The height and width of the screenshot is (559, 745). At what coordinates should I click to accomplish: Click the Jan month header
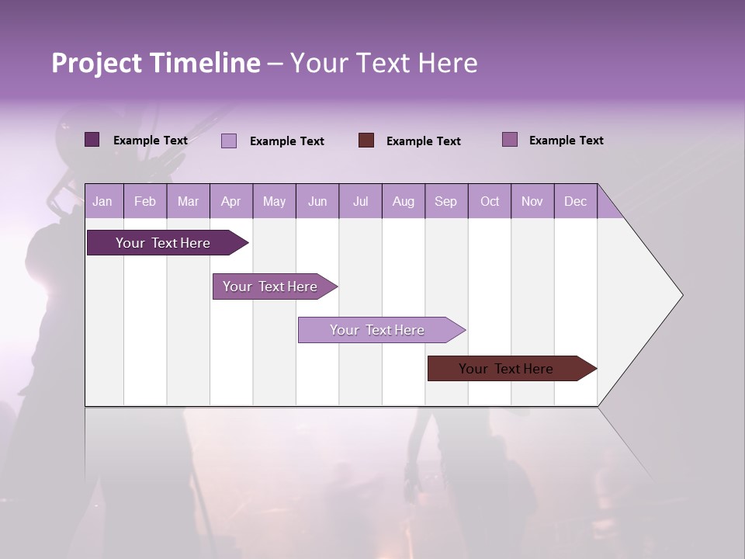(102, 202)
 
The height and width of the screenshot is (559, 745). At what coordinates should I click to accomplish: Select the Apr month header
(230, 202)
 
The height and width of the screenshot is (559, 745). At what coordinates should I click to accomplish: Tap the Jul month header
(360, 202)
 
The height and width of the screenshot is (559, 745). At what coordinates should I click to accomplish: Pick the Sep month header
(445, 202)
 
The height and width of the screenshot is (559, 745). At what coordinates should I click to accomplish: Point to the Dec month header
(575, 202)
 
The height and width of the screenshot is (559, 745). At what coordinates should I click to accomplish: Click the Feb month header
(145, 202)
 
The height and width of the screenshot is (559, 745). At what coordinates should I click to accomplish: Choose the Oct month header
(490, 202)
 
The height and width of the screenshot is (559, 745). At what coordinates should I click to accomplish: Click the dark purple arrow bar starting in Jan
(163, 243)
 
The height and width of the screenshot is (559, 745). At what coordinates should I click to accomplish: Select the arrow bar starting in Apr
(270, 286)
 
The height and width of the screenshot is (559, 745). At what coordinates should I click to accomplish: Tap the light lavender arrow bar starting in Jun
(377, 330)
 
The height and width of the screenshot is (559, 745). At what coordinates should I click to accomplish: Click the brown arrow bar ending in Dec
(506, 369)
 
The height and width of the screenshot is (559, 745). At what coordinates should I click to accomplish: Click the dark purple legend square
(92, 140)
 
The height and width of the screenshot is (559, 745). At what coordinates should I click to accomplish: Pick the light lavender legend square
(229, 141)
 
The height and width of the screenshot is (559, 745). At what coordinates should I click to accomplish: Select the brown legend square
(366, 141)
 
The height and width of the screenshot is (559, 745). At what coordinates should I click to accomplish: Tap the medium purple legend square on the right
(510, 140)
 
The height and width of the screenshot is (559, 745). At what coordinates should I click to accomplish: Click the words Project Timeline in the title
(155, 63)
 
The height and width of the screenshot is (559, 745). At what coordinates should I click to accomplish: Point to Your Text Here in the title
(383, 63)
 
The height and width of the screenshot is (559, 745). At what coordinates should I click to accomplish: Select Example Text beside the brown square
(423, 141)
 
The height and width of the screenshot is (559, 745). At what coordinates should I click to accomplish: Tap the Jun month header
(317, 202)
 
